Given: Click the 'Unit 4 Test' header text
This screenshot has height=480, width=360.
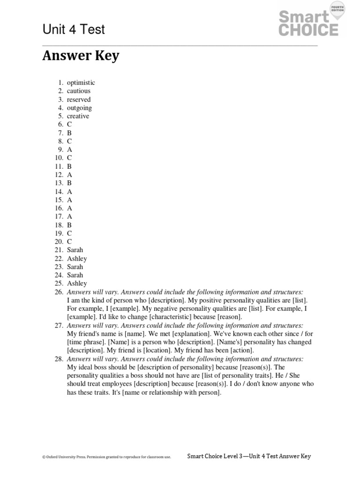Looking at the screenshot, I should [x=74, y=30].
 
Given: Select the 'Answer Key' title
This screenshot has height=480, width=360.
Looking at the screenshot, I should [x=81, y=56].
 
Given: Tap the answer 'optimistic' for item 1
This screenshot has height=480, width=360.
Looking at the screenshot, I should [x=81, y=83].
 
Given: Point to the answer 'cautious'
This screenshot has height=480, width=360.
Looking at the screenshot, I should [x=78, y=91].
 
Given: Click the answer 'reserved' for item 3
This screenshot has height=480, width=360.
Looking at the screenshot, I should [x=79, y=99].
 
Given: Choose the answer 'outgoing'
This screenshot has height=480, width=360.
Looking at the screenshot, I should [x=79, y=108].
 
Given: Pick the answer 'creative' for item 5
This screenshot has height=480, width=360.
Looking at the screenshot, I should [x=78, y=116].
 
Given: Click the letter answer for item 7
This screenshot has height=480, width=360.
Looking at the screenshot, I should [x=69, y=133].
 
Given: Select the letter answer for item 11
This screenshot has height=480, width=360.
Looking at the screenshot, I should [x=69, y=166].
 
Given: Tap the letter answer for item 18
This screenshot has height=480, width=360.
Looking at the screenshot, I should [x=69, y=225].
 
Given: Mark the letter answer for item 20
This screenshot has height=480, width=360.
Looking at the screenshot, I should [x=69, y=241].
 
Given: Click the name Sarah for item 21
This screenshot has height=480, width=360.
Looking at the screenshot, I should [x=75, y=250].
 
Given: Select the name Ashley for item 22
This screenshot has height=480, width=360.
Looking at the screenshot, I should [x=77, y=258].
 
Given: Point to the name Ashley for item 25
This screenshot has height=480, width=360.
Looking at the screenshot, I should [x=77, y=283].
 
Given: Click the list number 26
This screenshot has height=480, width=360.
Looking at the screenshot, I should [x=59, y=292].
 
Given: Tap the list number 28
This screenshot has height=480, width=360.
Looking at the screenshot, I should [x=59, y=359].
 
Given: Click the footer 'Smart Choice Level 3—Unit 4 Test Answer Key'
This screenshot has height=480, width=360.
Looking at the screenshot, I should [x=249, y=456].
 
